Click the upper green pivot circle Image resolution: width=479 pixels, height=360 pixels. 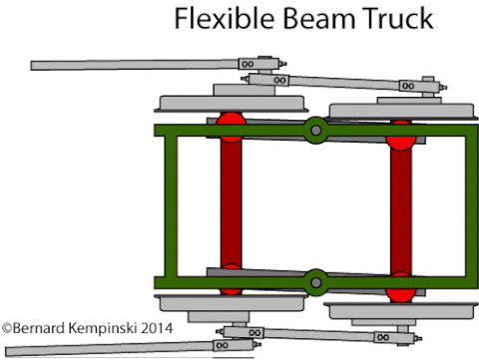316,129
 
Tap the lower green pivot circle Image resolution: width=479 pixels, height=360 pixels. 316,281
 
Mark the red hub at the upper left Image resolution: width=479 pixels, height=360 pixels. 231,124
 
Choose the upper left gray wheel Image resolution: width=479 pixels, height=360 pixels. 230,102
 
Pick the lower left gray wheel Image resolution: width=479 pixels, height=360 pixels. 230,306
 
